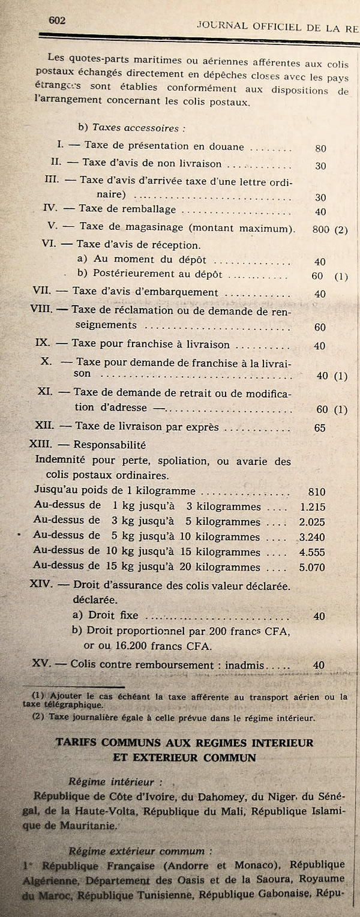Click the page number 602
[x=56, y=20]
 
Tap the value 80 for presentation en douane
[x=320, y=148]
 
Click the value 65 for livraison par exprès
[x=320, y=428]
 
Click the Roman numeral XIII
[x=43, y=445]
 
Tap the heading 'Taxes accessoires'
[x=136, y=128]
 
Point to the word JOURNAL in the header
[x=223, y=26]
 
